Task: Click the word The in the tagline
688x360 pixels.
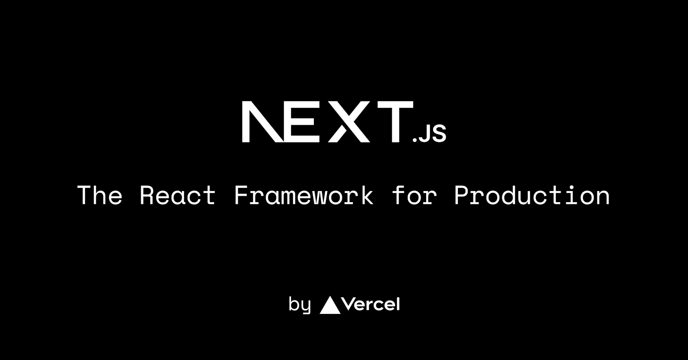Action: [x=100, y=196]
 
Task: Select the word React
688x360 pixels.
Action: [x=178, y=196]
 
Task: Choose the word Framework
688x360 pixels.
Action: [x=304, y=196]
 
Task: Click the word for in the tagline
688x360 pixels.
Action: [x=415, y=196]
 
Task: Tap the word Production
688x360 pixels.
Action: [x=532, y=196]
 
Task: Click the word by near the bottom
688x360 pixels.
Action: [x=300, y=305]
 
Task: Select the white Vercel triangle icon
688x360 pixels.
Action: [x=330, y=305]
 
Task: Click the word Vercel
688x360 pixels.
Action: [x=372, y=305]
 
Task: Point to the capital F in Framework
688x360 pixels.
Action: [x=241, y=196]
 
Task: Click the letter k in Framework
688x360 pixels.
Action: [x=367, y=196]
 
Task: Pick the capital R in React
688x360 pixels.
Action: [x=147, y=196]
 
